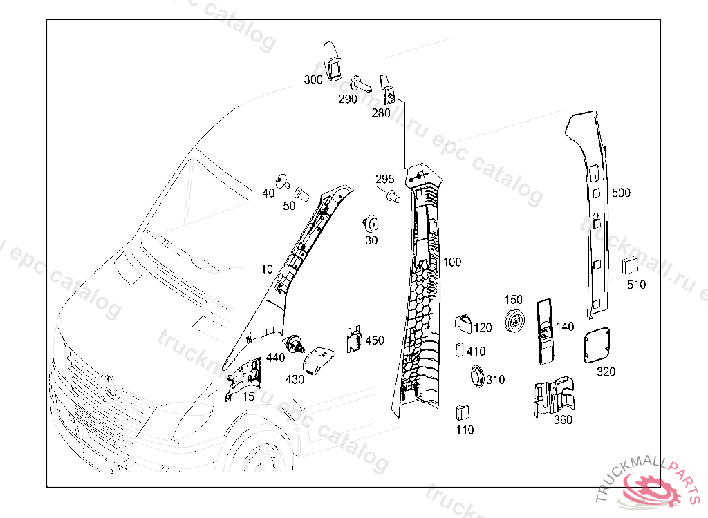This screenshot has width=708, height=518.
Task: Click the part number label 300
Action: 313,80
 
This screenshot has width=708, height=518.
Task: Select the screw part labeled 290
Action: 361,84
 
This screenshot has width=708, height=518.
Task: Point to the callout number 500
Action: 621,193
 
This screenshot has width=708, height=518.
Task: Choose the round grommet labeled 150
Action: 514,322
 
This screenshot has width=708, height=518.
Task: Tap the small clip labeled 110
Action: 462,413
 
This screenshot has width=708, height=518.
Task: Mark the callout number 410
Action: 476,352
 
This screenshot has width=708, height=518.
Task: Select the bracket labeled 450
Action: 353,339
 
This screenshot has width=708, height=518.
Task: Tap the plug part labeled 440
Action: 297,343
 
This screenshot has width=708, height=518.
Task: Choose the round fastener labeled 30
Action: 371,224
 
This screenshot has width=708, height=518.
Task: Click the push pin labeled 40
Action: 281,181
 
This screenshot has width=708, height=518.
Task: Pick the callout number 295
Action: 385,180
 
